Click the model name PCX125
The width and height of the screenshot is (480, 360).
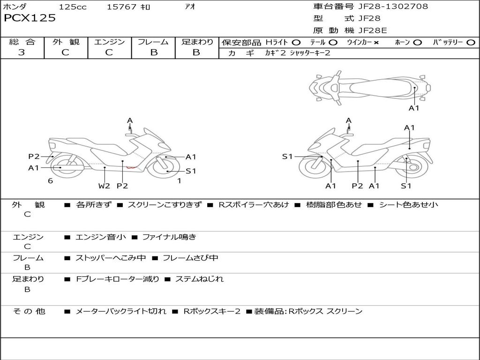tap(30, 18)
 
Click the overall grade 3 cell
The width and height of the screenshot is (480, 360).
tap(22, 52)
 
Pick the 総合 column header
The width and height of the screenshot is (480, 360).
tap(22, 42)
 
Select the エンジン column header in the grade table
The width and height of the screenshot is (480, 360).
tap(109, 42)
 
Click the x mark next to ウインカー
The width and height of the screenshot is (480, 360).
tap(376, 43)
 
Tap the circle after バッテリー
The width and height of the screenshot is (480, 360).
tap(471, 43)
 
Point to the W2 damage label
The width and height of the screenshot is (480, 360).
tap(104, 186)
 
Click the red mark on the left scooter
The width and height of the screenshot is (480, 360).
tap(131, 167)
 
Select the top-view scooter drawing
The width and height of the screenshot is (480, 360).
tap(369, 87)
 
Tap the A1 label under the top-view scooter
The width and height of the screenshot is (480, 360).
tap(414, 108)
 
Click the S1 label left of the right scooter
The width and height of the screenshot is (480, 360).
tap(287, 157)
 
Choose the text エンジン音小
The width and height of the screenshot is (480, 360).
tap(101, 237)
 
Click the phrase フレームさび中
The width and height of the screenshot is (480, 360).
tap(190, 258)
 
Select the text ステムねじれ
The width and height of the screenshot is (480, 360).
tap(199, 279)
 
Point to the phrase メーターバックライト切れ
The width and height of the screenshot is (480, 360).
tap(121, 311)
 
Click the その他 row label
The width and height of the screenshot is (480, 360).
tap(29, 311)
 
